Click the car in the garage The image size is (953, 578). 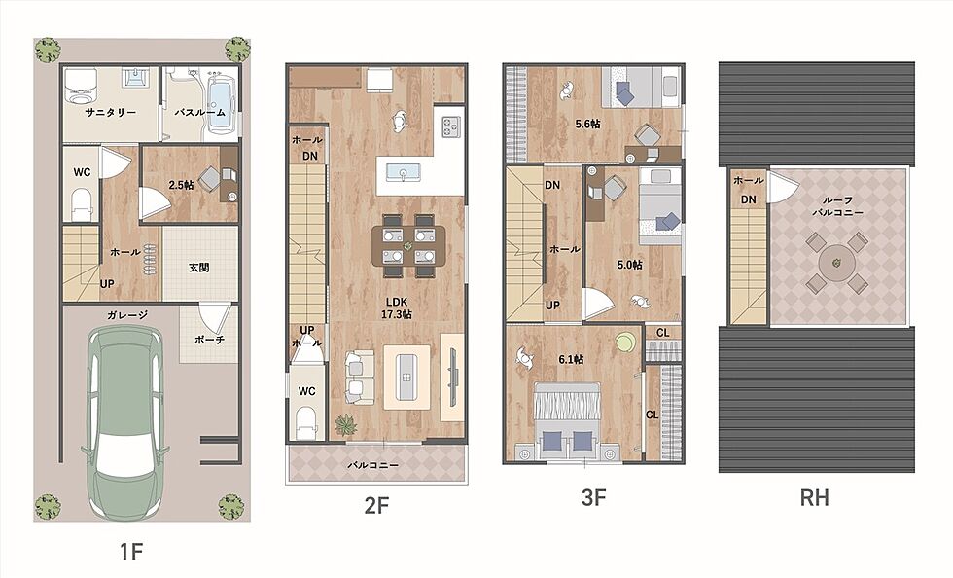[x=125, y=423]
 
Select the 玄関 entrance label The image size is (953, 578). [x=198, y=267]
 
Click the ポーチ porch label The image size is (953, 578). [x=209, y=341]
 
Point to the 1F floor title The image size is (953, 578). [x=130, y=552]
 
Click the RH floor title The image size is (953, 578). [x=814, y=498]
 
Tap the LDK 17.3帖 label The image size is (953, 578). [x=397, y=308]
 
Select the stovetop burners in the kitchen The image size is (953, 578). [x=450, y=126]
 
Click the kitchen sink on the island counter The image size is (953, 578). [x=402, y=172]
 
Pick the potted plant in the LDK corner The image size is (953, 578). [x=346, y=424]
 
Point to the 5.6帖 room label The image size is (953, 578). [x=587, y=125]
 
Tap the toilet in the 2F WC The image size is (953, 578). [x=306, y=421]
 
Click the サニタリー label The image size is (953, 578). [x=111, y=113]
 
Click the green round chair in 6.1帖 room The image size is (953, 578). [x=624, y=342]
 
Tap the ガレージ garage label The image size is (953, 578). [x=127, y=314]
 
